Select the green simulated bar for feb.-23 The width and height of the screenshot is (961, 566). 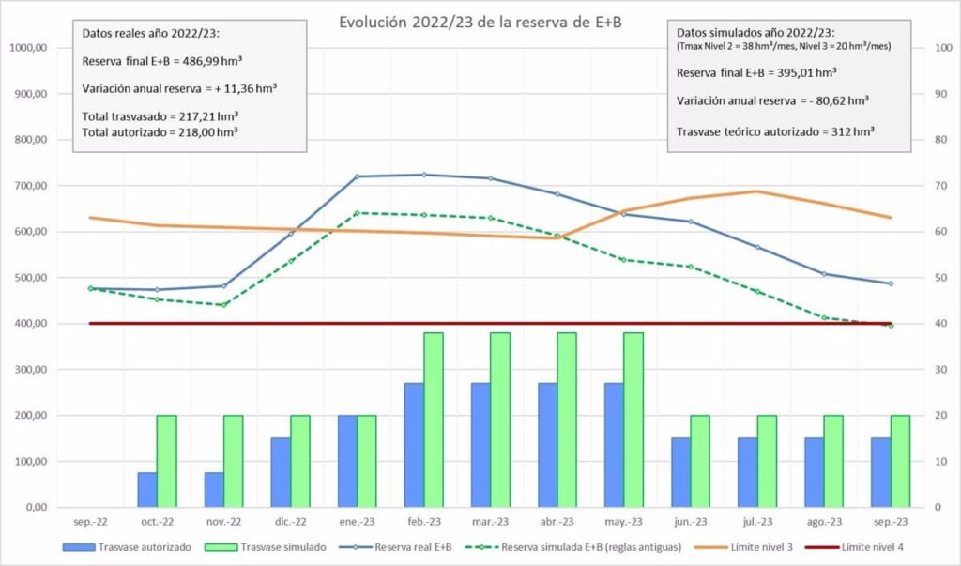(434, 420)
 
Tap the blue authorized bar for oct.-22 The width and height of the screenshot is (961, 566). (147, 489)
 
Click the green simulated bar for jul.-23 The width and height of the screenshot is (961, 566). (767, 461)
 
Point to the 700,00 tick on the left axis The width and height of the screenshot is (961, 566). (27, 186)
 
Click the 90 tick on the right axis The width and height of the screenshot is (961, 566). (931, 94)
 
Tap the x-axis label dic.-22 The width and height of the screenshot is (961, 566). (290, 522)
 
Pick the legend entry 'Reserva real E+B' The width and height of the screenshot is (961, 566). (413, 546)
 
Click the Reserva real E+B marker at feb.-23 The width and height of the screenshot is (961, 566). (423, 175)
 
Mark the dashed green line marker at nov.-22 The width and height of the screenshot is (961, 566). (223, 305)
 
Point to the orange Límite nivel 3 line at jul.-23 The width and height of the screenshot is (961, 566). (757, 191)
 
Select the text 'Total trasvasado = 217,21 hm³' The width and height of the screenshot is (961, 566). (160, 117)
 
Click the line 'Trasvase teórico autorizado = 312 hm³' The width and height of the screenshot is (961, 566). (775, 131)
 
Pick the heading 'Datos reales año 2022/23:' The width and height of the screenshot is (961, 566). (150, 33)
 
